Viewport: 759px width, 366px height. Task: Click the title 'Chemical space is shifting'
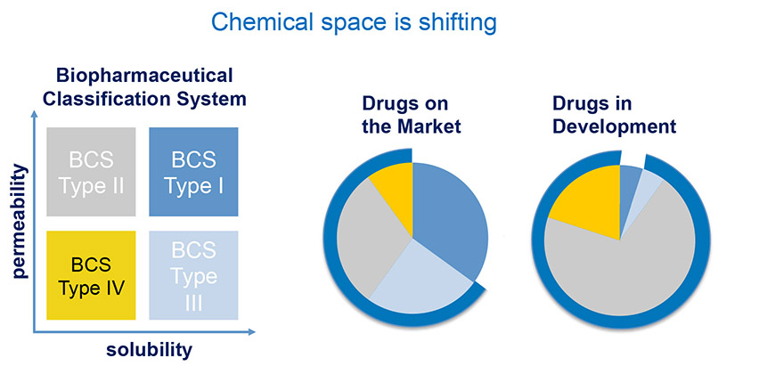[x=354, y=22]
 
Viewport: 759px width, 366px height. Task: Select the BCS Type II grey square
[x=91, y=171]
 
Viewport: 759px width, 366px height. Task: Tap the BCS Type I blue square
[x=193, y=171]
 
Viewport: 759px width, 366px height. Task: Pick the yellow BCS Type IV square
[x=91, y=275]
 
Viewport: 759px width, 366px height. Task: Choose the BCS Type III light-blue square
[x=193, y=275]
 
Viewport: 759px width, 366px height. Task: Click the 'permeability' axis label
[x=20, y=221]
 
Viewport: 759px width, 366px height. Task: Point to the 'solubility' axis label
[x=149, y=350]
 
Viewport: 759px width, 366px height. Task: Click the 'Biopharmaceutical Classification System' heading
[x=144, y=87]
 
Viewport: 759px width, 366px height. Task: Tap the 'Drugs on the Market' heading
[x=412, y=115]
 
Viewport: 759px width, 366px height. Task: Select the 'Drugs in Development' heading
[x=614, y=115]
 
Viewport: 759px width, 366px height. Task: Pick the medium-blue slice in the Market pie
[x=448, y=213]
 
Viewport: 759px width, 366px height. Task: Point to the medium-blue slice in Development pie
[x=628, y=184]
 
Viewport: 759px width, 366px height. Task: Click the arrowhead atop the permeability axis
[x=34, y=115]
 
